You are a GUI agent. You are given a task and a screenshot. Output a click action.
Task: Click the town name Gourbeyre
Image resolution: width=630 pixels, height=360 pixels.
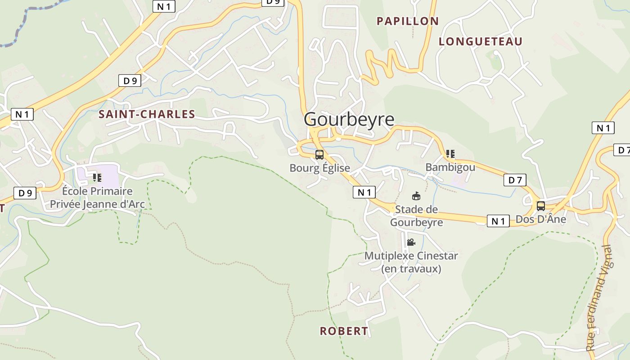349,120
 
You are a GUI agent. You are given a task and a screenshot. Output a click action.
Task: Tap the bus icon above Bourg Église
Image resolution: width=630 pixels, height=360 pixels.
319,155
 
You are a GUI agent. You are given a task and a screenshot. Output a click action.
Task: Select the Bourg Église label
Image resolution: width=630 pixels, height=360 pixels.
319,168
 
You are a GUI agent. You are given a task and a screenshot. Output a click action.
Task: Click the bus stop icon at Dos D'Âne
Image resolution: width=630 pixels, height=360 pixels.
541,206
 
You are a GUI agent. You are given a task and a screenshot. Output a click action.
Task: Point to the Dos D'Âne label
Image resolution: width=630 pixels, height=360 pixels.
540,220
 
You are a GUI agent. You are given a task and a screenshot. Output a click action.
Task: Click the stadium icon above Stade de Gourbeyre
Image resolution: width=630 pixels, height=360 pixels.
416,196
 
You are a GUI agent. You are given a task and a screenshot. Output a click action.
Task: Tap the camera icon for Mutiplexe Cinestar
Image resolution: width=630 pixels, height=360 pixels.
411,242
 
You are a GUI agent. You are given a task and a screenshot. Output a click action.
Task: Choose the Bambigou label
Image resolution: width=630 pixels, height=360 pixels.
450,167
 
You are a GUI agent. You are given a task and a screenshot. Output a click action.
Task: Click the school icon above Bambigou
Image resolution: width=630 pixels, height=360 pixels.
450,154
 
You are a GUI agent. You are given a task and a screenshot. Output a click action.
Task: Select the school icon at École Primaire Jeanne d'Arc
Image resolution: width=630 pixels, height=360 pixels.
97,177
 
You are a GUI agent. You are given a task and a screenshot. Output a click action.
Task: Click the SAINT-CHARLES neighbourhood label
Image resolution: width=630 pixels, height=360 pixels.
147,114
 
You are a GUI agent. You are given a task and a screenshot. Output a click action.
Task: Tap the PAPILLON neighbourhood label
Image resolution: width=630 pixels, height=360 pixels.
408,21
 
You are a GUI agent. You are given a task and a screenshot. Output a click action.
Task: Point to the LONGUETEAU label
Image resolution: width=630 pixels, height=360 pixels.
481,42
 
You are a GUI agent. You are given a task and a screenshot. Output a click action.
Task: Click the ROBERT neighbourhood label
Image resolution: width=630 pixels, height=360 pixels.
344,331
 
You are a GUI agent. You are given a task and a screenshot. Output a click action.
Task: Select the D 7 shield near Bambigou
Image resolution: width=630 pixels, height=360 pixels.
515,180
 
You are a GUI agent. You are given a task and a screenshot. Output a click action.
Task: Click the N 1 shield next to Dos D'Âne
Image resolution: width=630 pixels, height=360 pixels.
498,221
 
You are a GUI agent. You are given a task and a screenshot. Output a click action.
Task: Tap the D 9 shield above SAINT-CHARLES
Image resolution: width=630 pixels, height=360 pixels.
130,81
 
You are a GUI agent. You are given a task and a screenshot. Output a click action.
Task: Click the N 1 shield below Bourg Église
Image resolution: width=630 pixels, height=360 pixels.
364,193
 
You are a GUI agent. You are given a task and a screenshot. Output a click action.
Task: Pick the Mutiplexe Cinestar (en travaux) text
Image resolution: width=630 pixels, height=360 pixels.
411,262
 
